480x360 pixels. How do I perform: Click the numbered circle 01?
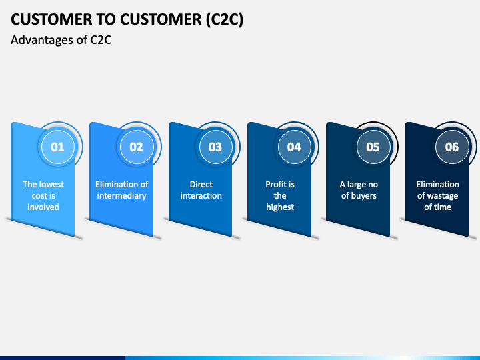coord(58,147)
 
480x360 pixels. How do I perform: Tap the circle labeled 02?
coord(136,147)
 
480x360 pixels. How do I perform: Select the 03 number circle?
coord(215,147)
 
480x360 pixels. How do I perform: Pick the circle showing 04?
coord(294,147)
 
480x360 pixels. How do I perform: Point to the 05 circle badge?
coord(373,147)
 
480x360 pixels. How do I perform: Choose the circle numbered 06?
coord(451,147)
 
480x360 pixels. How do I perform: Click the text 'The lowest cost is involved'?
coord(43,195)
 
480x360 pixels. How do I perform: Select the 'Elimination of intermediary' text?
coord(122,190)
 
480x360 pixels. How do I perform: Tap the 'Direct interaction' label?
coord(201,190)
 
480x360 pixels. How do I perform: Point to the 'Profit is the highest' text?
coord(280,195)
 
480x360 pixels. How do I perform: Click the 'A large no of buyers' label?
coord(359,190)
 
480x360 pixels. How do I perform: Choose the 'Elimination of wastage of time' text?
coord(438,195)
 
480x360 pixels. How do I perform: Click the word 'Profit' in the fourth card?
coord(275,184)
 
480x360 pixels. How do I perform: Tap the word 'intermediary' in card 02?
coord(122,196)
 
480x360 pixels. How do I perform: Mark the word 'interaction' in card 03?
coord(201,196)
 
